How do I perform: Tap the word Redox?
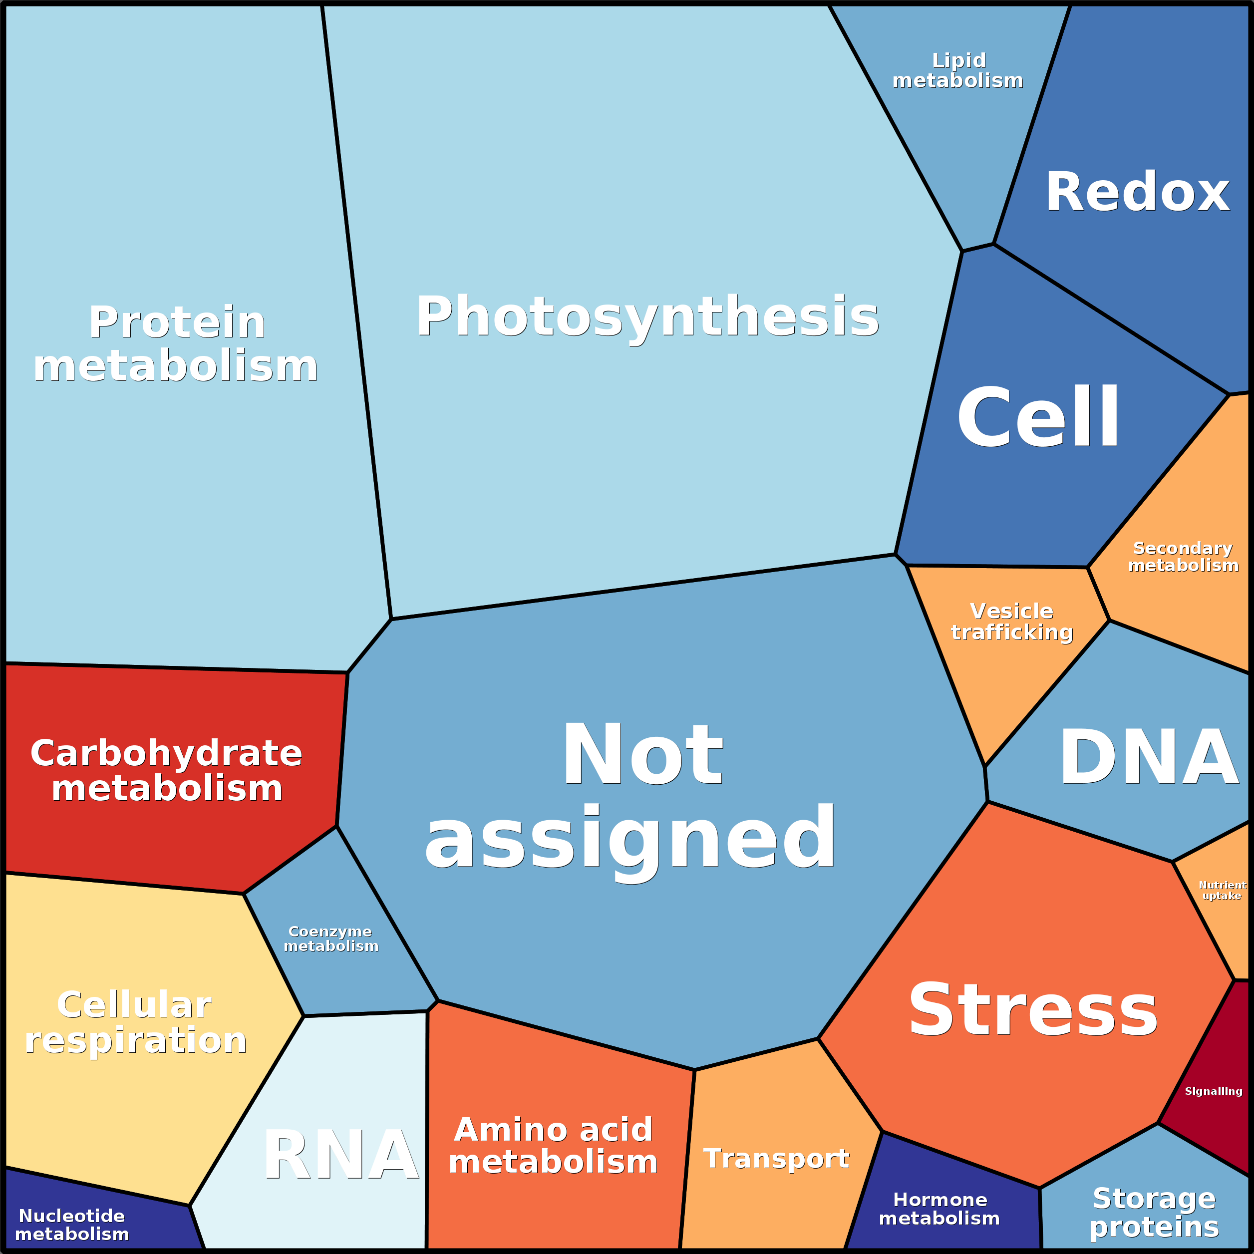[1137, 192]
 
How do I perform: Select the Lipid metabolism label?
[958, 70]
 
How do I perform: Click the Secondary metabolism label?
[1183, 557]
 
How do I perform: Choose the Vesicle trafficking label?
[1012, 621]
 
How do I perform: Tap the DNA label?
[1149, 757]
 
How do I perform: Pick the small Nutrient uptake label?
[1222, 890]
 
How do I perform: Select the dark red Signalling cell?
[1213, 1090]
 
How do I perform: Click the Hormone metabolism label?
[939, 1209]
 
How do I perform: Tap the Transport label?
[776, 1159]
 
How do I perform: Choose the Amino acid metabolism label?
[553, 1146]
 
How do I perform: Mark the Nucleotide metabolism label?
[72, 1224]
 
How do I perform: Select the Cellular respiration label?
[136, 1022]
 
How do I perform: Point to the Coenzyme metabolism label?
[331, 939]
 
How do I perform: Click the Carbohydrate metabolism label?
[167, 770]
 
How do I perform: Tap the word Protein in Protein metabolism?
[177, 322]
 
